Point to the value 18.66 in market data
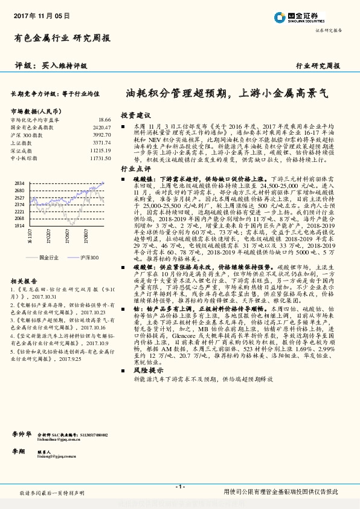point(104,120)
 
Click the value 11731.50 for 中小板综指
point(100,158)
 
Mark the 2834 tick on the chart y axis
point(19,183)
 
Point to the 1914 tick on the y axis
point(19,225)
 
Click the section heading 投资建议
point(135,115)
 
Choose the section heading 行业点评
point(135,169)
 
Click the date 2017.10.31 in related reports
point(60,280)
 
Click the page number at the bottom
point(179,487)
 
